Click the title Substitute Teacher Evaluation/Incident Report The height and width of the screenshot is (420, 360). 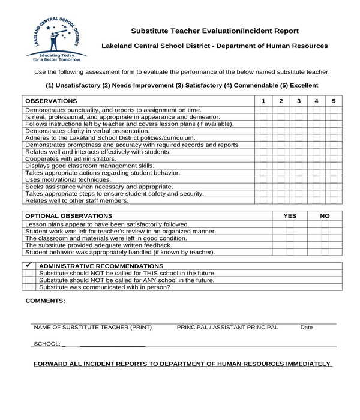pos(215,31)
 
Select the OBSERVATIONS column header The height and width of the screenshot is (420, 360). pos(52,101)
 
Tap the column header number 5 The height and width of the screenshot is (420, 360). pos(334,101)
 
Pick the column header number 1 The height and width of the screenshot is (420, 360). pos(263,101)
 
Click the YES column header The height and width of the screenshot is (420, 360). pos(290,215)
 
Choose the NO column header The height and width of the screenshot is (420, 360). pos(325,215)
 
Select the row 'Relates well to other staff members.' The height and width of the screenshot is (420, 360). pos(77,200)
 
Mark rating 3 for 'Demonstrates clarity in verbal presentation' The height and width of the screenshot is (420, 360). pos(298,131)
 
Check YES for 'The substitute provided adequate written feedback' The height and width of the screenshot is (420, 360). pos(290,245)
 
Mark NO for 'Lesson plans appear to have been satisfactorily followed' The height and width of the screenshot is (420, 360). pos(325,224)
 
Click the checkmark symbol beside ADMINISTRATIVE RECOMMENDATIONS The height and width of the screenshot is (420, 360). pos(28,265)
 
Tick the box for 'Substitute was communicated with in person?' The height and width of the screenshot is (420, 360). pos(28,287)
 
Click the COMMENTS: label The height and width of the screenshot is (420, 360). pos(45,301)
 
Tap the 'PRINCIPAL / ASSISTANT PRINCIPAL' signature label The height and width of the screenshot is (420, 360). pos(227,328)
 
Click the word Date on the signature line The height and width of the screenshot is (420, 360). pos(307,328)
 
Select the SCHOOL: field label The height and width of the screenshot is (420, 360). pos(47,344)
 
